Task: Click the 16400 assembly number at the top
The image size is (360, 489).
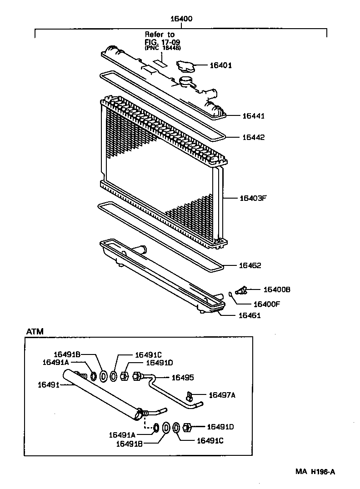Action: (181, 19)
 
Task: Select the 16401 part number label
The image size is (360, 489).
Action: (220, 65)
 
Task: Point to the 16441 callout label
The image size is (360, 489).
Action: (253, 116)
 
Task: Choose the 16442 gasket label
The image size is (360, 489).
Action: (253, 137)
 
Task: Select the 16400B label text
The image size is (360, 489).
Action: (277, 289)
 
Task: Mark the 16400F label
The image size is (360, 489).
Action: (266, 304)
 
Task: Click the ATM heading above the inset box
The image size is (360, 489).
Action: (35, 331)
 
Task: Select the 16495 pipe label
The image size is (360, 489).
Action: (182, 377)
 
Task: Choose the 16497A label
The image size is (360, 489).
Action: (222, 395)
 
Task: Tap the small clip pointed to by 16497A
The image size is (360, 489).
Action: (190, 394)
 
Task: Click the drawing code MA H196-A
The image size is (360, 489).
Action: (316, 472)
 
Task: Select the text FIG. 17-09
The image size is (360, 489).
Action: (159, 41)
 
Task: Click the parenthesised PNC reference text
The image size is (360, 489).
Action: (161, 48)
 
